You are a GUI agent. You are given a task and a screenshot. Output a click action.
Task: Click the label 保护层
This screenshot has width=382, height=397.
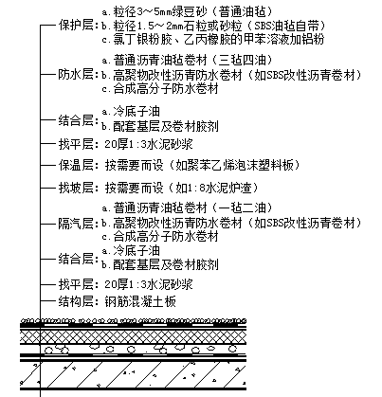(x=76, y=26)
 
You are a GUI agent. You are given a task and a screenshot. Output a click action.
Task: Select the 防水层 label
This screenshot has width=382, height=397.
(x=76, y=75)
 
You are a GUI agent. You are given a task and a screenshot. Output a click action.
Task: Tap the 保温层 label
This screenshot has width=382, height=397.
(x=76, y=165)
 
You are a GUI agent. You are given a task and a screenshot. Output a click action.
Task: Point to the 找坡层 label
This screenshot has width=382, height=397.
(x=76, y=188)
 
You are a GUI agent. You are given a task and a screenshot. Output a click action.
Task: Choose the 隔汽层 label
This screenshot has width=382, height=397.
(x=76, y=224)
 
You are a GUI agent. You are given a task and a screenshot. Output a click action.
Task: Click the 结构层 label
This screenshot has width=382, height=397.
(x=76, y=301)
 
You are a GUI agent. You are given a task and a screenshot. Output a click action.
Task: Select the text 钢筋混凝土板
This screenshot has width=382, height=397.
(x=140, y=301)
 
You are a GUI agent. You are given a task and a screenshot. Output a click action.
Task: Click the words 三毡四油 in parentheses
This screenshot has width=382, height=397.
(x=242, y=60)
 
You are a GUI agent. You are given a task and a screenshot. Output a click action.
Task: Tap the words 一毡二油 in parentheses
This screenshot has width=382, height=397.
(x=242, y=208)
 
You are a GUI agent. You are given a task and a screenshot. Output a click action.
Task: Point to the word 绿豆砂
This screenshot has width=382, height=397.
(x=190, y=12)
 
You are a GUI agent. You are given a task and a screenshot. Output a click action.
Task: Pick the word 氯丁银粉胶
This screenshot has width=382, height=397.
(x=142, y=40)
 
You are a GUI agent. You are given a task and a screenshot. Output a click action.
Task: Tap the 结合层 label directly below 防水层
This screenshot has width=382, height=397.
(x=76, y=120)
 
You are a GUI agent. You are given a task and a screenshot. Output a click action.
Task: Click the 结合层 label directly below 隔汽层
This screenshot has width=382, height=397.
(x=76, y=259)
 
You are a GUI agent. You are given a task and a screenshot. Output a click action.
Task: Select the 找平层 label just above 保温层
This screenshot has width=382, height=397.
(x=76, y=144)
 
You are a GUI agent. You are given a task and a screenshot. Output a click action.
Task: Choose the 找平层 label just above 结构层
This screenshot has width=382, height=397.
(x=76, y=284)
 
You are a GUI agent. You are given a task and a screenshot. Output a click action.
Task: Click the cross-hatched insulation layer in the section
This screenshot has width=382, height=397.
(x=133, y=336)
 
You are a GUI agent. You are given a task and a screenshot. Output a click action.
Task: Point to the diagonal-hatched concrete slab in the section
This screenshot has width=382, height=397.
(x=133, y=374)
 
